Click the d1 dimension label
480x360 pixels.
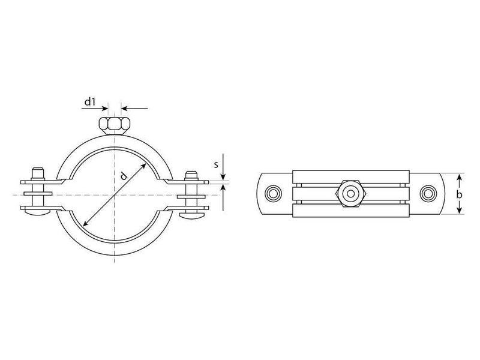point(90,101)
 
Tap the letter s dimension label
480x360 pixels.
point(216,164)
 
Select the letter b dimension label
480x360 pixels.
point(459,194)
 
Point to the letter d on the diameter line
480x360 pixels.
point(123,176)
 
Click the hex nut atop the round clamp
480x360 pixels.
point(115,125)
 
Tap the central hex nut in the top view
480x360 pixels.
point(351,194)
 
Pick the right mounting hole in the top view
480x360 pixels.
point(428,194)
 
